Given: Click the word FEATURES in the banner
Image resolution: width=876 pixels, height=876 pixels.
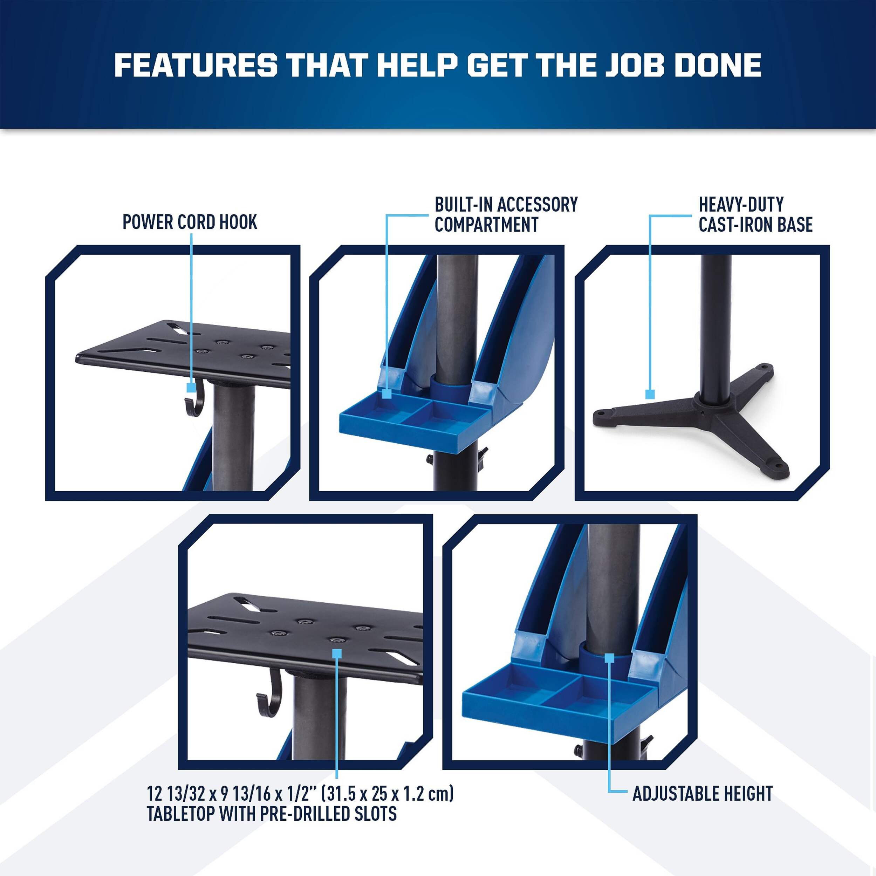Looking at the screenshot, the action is coord(196,65).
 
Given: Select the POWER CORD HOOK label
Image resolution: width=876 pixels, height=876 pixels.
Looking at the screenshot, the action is coord(190,222).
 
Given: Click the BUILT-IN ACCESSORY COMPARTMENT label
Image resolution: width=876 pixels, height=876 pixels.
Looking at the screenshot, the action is coord(506,214).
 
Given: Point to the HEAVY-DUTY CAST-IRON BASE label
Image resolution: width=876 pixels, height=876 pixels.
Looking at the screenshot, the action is coord(755,214).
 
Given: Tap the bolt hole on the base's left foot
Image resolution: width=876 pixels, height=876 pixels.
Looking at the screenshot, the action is coord(603,413).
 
